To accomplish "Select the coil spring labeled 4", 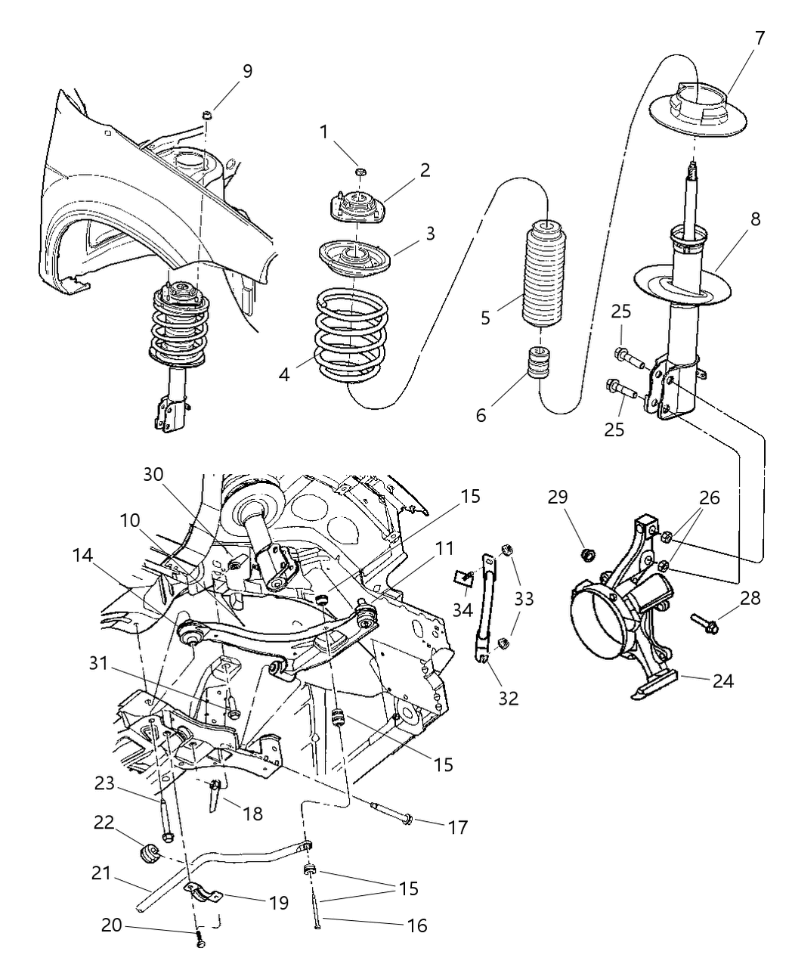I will tap(352, 336).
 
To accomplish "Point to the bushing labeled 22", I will tap(150, 854).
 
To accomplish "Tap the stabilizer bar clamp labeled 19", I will tap(203, 894).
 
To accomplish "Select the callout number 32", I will tap(508, 698).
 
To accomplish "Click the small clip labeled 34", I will tap(464, 578).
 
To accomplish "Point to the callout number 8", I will tap(754, 219).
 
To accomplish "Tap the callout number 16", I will tap(416, 925).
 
